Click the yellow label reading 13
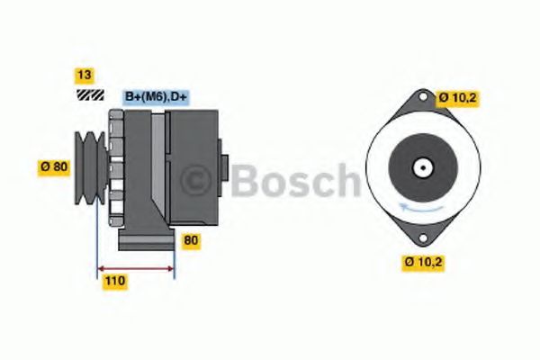(x=85, y=75)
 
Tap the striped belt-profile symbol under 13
(x=90, y=94)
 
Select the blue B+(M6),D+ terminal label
(x=156, y=97)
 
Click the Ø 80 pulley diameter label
(x=54, y=167)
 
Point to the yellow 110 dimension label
(x=115, y=281)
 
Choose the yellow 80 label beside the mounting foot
(x=191, y=240)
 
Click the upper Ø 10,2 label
(x=458, y=98)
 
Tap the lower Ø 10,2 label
(x=423, y=263)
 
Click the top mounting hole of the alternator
(x=423, y=97)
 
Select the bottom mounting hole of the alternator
(x=423, y=238)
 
